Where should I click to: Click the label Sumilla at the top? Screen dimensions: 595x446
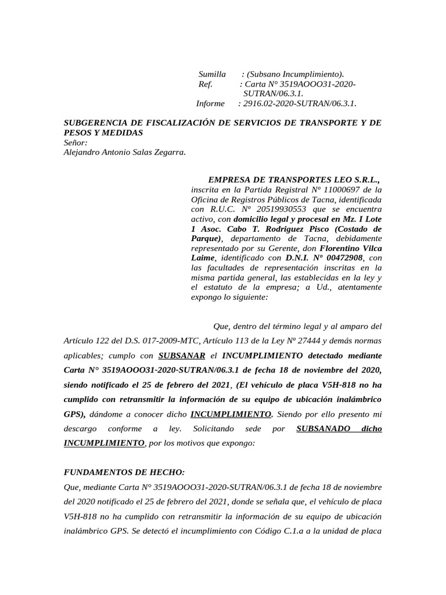coord(212,74)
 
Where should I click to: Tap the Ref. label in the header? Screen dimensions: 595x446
coord(206,84)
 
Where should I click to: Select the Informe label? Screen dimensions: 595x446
coord(210,103)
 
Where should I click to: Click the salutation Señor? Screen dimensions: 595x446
coord(75,142)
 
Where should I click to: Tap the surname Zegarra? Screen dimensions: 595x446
coord(168,152)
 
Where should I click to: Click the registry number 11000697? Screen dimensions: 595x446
coord(337,189)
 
